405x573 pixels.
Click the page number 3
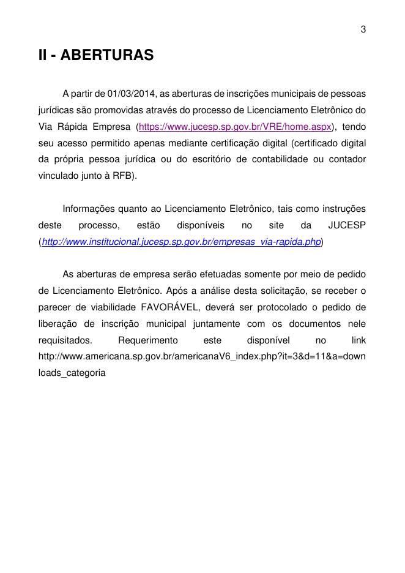tap(363, 29)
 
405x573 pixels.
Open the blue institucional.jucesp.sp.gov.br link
tap(181, 242)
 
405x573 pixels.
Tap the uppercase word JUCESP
tap(347, 225)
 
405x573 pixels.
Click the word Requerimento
tap(148, 339)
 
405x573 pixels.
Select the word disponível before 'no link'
tap(267, 339)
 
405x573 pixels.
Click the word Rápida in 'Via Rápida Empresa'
tap(72, 127)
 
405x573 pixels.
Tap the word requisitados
tap(65, 339)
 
